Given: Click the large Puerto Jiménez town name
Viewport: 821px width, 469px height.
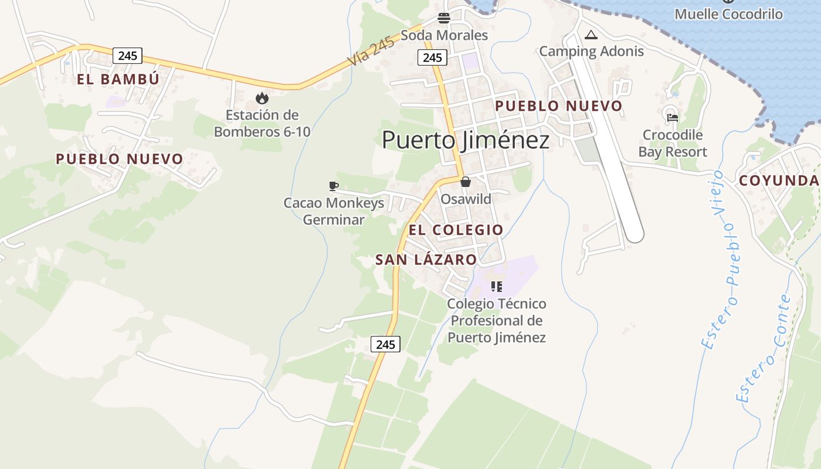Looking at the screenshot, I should click(x=466, y=141).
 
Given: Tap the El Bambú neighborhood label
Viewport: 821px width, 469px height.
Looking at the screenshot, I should click(x=118, y=79).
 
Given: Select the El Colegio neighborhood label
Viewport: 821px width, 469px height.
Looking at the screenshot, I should click(x=456, y=230).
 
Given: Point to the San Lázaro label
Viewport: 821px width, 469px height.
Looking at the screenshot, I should click(x=426, y=260).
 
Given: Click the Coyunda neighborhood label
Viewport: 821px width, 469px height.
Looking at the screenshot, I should click(x=779, y=181).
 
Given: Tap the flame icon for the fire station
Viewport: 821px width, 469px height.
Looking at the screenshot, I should click(x=262, y=98).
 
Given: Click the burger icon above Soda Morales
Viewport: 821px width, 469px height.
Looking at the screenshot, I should click(x=444, y=18).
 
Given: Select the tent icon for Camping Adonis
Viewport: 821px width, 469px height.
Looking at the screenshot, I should click(x=591, y=35).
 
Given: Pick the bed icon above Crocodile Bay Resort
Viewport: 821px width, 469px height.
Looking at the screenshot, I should click(x=672, y=117).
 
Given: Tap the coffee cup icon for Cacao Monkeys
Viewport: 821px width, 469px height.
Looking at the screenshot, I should click(x=334, y=186).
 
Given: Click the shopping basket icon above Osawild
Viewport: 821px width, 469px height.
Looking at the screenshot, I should click(x=466, y=182).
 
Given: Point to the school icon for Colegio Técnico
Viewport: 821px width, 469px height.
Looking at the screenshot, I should click(x=497, y=287).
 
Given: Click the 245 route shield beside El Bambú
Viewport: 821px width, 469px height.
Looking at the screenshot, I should click(x=127, y=56).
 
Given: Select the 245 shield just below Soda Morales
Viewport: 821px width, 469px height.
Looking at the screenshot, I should click(x=432, y=57).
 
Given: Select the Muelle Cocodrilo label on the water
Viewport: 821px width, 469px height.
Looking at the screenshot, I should click(x=728, y=14).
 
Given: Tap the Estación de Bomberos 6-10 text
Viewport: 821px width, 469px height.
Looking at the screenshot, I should click(x=262, y=123).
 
